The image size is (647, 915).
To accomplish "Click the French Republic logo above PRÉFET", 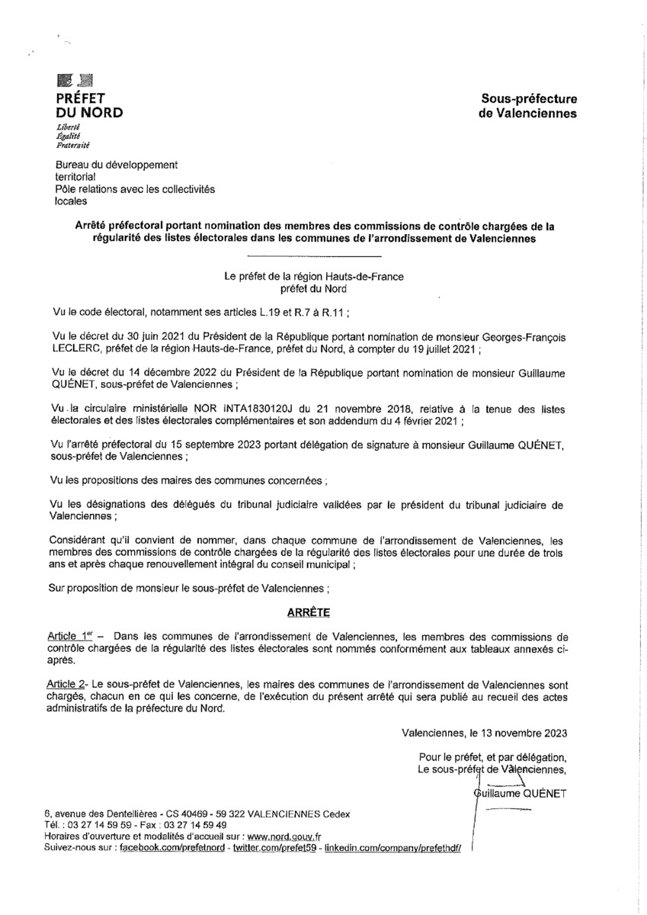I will [75, 79].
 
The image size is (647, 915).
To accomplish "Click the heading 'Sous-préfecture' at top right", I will [528, 98].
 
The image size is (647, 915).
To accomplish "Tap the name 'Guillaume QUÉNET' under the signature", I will [520, 794].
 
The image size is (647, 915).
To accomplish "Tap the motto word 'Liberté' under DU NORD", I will [69, 127].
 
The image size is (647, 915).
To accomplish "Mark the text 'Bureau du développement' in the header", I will [117, 164].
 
